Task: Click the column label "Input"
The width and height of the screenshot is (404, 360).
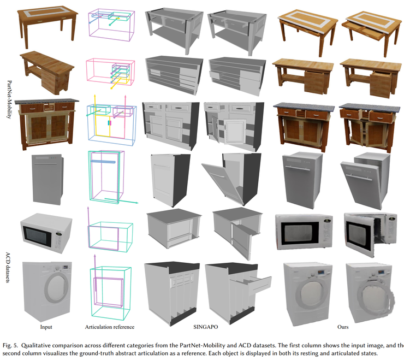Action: tap(46, 327)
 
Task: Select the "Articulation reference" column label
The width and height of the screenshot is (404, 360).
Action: tap(110, 327)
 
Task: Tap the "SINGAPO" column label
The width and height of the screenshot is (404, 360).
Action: tap(206, 327)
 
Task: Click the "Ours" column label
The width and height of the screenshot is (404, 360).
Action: tap(343, 327)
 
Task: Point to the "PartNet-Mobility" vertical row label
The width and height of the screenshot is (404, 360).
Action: tap(9, 99)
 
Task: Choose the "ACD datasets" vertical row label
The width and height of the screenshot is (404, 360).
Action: tap(8, 268)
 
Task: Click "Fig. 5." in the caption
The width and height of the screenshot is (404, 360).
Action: tap(10, 346)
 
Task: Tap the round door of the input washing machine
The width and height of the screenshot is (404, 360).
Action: tap(56, 287)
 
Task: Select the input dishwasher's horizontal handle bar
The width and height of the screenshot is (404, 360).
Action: tap(46, 164)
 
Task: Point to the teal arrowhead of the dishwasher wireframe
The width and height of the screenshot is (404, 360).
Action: tap(136, 203)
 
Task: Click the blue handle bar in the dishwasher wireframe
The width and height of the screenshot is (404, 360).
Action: tap(103, 162)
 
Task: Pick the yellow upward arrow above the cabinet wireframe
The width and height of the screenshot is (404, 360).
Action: tap(95, 103)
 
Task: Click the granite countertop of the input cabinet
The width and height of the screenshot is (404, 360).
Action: tap(46, 102)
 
